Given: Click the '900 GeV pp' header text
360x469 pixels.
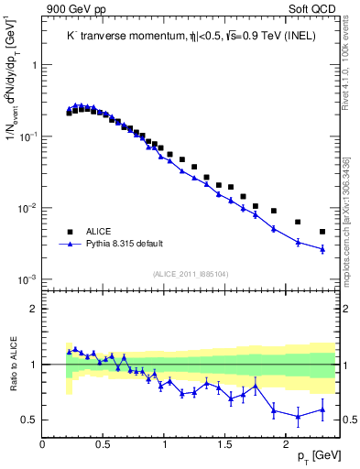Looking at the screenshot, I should click(x=72, y=9).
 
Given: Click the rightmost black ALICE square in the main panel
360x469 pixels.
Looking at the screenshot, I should click(x=322, y=232).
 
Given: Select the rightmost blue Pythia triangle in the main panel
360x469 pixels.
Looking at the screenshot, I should click(x=322, y=248).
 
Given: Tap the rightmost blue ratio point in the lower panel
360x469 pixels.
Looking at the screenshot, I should click(x=322, y=410).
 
